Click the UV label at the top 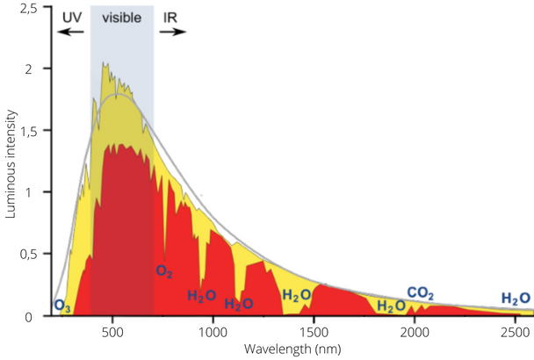(68, 17)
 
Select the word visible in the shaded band (121, 17)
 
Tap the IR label (171, 17)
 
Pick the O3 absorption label (62, 306)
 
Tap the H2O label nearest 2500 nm (516, 299)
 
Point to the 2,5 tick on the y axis (29, 7)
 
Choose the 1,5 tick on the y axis (29, 131)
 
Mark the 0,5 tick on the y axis (29, 255)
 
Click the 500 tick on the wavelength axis (112, 332)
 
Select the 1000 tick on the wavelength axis (213, 332)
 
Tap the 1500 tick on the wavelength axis (314, 332)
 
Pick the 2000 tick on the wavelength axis (414, 332)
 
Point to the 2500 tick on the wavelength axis (515, 332)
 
